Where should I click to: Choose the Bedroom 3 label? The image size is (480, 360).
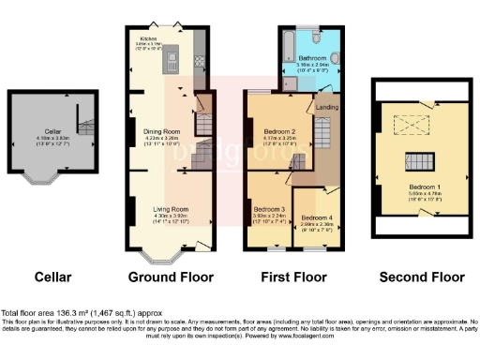tap(269, 209)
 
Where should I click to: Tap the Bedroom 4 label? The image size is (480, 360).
tap(315, 218)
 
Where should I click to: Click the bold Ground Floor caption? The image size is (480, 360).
tap(171, 277)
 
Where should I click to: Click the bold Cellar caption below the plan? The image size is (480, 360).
tap(52, 277)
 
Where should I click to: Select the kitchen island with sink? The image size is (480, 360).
tap(173, 61)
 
